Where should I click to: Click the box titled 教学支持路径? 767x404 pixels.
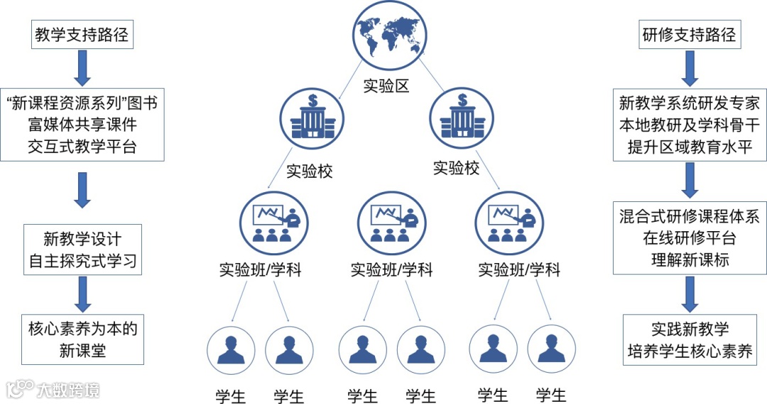coord(82,34)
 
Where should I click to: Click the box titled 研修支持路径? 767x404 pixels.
coord(690,34)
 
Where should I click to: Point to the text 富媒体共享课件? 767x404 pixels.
coord(82,124)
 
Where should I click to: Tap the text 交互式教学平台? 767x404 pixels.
coord(82,147)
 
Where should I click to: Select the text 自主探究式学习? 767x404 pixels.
coord(82,260)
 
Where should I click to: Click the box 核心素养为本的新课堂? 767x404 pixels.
coord(82,339)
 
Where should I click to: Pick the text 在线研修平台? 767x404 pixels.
coord(690,238)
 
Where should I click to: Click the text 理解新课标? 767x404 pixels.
coord(690,260)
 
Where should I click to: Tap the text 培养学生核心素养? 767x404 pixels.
coord(690,351)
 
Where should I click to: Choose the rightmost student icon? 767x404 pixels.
coord(551,349)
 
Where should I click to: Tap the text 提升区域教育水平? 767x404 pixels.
coord(690,147)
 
